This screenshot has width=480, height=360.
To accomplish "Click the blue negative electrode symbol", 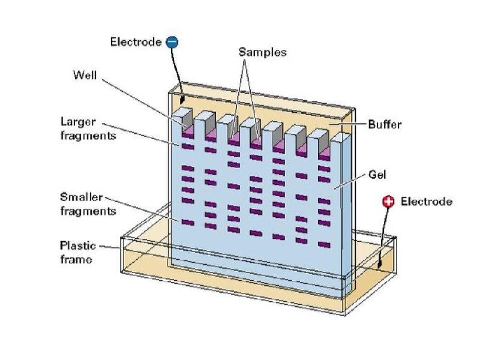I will pos(172,42).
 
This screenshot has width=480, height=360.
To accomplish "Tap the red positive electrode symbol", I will pos(389,202).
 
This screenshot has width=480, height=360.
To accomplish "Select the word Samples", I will pos(262,52).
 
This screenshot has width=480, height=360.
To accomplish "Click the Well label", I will pos(84,76).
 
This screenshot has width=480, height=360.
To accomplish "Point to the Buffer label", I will pos(384,125).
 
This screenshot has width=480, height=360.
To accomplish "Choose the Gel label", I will pos(377,175).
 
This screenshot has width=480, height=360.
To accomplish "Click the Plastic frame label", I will pos(76,252).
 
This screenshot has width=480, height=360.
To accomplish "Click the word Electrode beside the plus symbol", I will pos(426,202).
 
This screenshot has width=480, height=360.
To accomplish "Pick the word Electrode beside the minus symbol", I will pos(136,42).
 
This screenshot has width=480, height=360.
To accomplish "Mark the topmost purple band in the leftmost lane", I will pos(187,146).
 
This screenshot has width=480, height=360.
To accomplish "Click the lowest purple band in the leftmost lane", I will pos(187,223).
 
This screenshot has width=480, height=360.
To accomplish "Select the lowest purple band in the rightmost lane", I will pos(325,244).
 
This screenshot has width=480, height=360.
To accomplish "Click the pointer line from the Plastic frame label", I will pos(111,246).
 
